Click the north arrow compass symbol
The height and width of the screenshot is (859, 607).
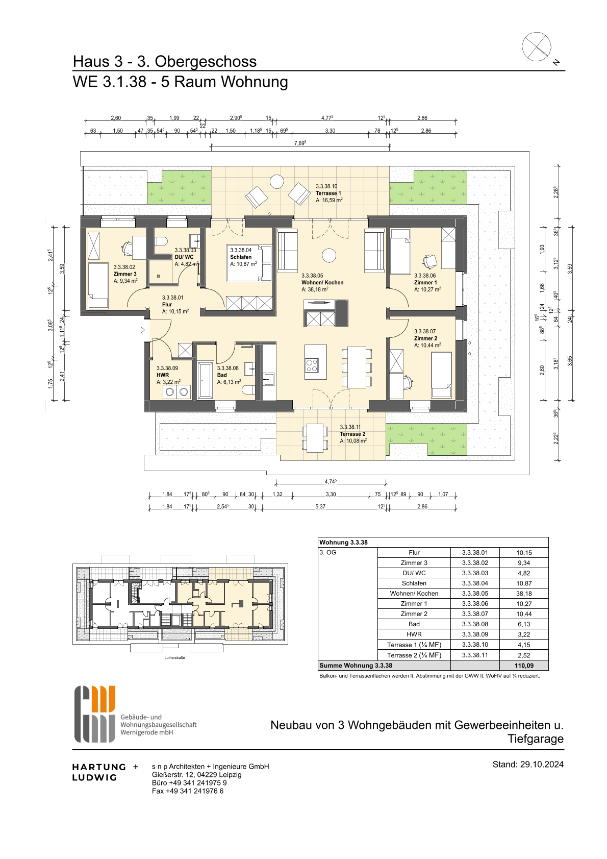tap(537, 47)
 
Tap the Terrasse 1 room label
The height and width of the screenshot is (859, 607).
tap(328, 193)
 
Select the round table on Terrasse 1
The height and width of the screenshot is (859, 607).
tap(276, 181)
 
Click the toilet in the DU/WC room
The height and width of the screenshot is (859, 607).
tap(161, 241)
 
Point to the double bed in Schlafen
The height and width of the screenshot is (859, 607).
tap(249, 263)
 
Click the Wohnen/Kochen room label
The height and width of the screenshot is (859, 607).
tap(322, 283)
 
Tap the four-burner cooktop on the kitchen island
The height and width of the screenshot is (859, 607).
tap(311, 364)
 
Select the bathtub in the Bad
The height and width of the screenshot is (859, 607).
tap(206, 379)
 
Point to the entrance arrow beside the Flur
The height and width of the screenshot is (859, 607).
tap(142, 330)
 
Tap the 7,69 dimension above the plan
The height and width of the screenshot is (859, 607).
tap(300, 143)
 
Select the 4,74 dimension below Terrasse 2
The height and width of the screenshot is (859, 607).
tap(331, 481)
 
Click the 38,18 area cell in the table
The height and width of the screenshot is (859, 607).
tap(524, 593)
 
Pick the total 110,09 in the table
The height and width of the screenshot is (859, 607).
tap(524, 666)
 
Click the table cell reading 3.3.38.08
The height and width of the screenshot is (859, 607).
tap(475, 624)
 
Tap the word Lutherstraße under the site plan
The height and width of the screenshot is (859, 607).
tap(175, 658)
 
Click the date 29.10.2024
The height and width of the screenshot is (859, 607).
tap(542, 764)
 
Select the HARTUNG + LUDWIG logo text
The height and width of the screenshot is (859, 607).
tap(105, 772)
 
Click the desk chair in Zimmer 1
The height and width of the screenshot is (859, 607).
tap(430, 261)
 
